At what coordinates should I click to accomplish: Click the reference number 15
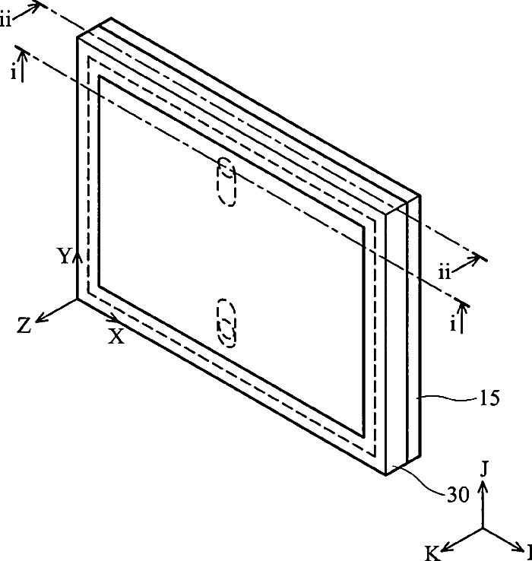[x=489, y=398]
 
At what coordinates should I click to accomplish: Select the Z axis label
[x=24, y=325]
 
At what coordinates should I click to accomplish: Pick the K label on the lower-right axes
[x=432, y=554]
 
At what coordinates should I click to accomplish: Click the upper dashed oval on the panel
[x=227, y=181]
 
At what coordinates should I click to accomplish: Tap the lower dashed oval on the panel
[x=226, y=323]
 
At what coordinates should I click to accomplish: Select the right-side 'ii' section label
[x=447, y=270]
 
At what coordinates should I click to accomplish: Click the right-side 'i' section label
[x=453, y=325]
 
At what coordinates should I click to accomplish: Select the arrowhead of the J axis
[x=485, y=484]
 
